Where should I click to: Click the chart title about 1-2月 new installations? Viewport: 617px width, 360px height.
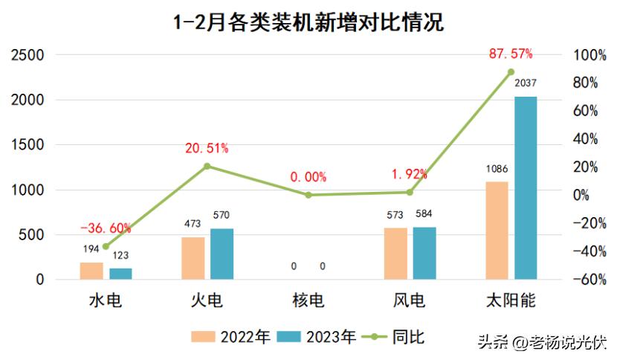point(308,22)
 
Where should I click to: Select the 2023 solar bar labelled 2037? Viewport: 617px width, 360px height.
point(525,187)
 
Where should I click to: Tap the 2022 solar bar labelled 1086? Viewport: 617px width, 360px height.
point(497,231)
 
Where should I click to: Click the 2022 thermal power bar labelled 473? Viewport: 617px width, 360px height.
point(193,258)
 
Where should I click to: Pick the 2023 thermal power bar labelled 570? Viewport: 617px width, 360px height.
point(222,254)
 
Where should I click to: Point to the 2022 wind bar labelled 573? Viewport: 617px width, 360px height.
point(395,254)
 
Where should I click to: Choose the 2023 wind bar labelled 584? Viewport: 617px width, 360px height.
point(424,253)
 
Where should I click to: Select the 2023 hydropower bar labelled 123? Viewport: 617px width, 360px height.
point(120,274)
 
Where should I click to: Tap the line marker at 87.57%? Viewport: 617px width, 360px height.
point(511,72)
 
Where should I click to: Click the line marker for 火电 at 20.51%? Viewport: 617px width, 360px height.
point(207,166)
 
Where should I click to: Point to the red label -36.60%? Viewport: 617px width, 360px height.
point(106,228)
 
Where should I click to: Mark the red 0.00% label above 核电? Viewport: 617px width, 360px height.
point(308,177)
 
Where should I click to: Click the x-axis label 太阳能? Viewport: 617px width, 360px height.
point(511,300)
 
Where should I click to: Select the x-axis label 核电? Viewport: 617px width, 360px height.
point(308,300)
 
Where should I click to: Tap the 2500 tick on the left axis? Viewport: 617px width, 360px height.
point(27,55)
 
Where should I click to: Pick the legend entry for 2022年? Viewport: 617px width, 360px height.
point(231,338)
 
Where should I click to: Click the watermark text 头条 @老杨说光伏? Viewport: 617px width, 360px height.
point(541,343)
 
